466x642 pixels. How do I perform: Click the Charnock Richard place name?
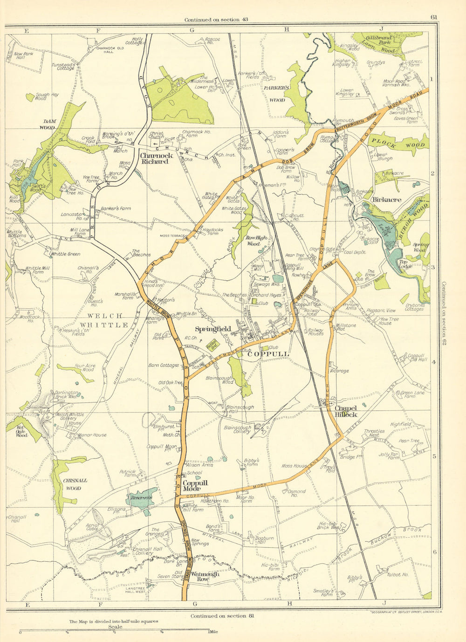pos(156,158)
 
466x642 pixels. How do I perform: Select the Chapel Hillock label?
pos(345,411)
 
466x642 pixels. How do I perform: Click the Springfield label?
pos(213,329)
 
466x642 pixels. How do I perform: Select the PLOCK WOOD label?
pos(397,145)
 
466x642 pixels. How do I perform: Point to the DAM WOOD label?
pos(48,124)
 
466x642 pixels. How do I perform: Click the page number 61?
pos(434,18)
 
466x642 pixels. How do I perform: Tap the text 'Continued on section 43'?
pos(212,20)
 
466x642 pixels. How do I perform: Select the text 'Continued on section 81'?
pos(218,616)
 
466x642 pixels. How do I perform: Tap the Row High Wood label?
pos(256,241)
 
